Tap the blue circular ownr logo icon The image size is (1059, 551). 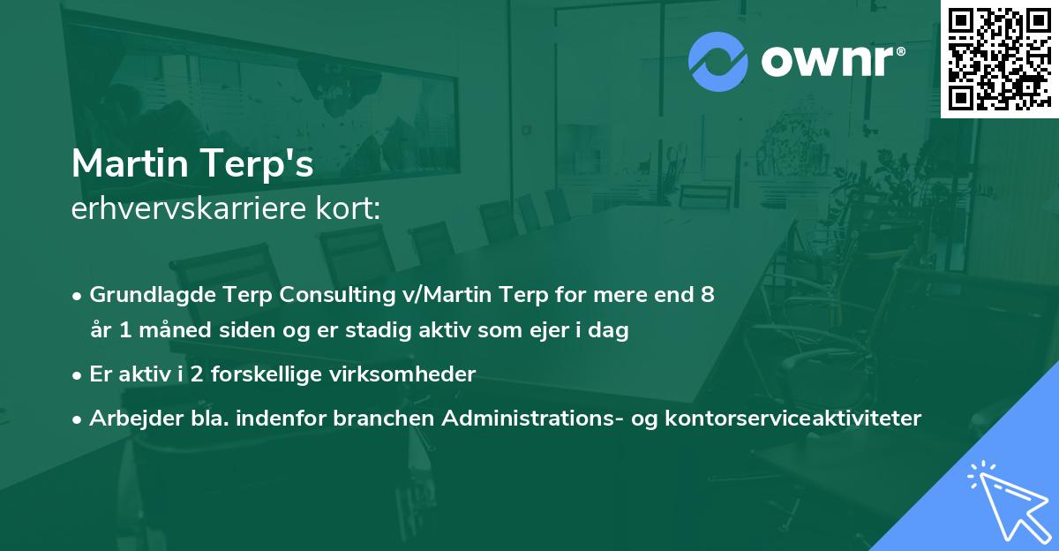pyautogui.click(x=718, y=61)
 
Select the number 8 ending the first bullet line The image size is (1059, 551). pyautogui.click(x=707, y=295)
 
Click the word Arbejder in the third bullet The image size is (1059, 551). pyautogui.click(x=126, y=418)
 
